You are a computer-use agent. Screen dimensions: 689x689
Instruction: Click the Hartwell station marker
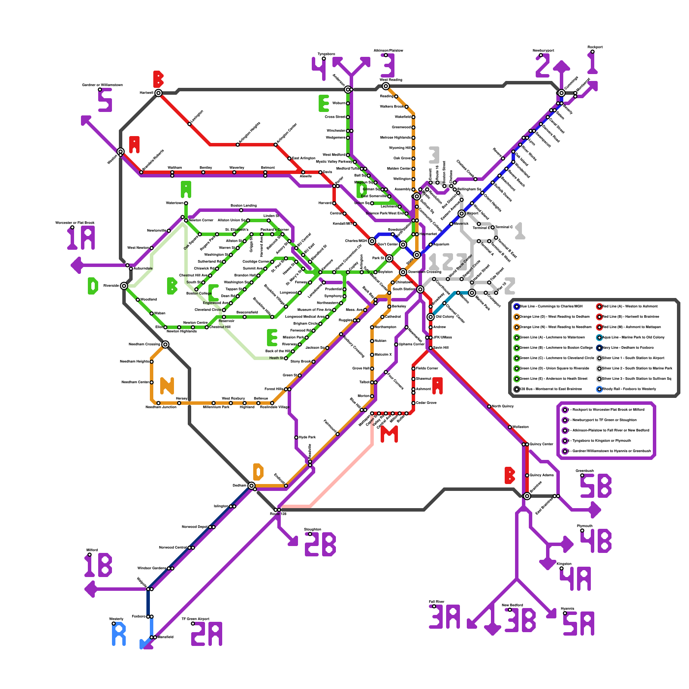[158, 93]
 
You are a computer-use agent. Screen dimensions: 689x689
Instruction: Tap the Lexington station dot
[189, 124]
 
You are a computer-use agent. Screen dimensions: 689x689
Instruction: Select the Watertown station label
[174, 203]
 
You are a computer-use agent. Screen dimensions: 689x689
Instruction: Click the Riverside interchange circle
[124, 286]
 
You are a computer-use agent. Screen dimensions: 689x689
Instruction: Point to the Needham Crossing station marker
[165, 344]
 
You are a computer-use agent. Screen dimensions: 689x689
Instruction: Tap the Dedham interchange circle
[251, 486]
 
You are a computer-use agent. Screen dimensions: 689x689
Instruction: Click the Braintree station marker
[527, 496]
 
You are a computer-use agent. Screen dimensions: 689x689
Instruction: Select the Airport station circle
[462, 214]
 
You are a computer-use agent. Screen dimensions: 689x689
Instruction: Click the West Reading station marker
[386, 86]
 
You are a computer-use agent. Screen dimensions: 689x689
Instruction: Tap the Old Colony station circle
[431, 317]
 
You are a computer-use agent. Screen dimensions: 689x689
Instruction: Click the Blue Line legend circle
[517, 307]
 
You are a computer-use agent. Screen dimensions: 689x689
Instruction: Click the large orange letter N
[167, 386]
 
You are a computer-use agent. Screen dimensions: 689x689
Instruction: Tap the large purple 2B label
[320, 544]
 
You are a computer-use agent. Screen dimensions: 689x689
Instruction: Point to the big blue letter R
[119, 634]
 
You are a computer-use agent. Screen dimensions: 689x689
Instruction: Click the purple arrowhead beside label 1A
[76, 265]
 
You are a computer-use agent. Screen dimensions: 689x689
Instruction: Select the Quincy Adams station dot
[527, 475]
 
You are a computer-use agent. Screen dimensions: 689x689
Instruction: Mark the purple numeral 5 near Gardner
[105, 100]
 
